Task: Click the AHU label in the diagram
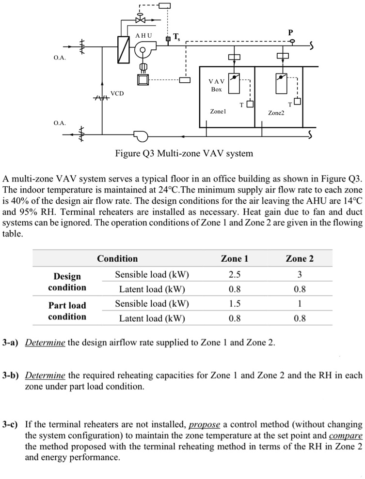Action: [x=143, y=35]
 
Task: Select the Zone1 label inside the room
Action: [x=218, y=111]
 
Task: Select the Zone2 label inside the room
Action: [x=276, y=113]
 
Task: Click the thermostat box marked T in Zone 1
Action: [x=249, y=104]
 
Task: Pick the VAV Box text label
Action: [x=216, y=85]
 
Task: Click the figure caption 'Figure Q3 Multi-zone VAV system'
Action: [x=184, y=154]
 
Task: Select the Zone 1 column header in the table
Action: [x=235, y=258]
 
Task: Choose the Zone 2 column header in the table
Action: [x=300, y=258]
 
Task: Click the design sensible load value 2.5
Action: [x=235, y=275]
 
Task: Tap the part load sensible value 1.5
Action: [x=235, y=303]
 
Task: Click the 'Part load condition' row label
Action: [x=67, y=311]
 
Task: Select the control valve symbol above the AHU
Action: [x=141, y=20]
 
